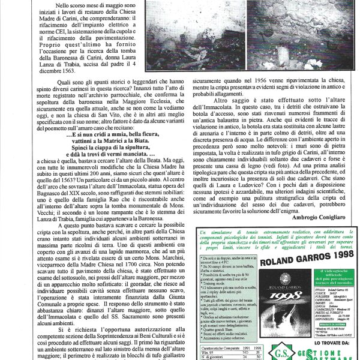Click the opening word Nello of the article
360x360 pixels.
(x=64, y=5)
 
